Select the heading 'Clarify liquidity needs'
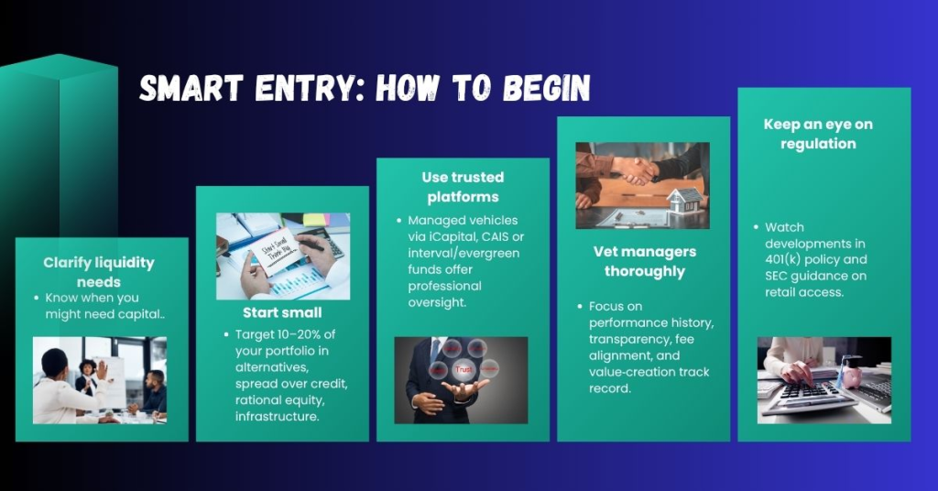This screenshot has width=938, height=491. click(x=99, y=270)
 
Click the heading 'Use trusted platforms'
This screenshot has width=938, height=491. click(x=462, y=186)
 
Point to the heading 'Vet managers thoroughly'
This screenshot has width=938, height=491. click(x=643, y=261)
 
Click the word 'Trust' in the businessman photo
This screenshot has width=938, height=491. click(x=464, y=368)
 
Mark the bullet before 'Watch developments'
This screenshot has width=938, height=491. click(x=755, y=227)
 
